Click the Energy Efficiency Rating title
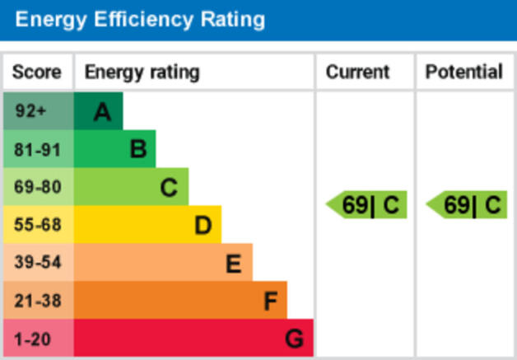coord(140,19)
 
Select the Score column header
coord(36,72)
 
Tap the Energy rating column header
coord(142,72)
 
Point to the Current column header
coord(357,72)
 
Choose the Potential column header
coord(463,72)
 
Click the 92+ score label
coord(32,111)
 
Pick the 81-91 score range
coord(38,149)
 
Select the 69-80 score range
coord(38,187)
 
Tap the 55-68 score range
coord(38,225)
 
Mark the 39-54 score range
coord(38,263)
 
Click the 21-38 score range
coord(38,301)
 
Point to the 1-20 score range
coord(34,339)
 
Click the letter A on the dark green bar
coord(102,112)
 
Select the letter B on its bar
coord(137,149)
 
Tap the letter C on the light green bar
coord(169,188)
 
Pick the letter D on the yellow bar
coord(203,226)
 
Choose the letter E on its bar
coord(234,264)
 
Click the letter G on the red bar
coord(294,339)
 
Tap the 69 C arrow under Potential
coord(468,205)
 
